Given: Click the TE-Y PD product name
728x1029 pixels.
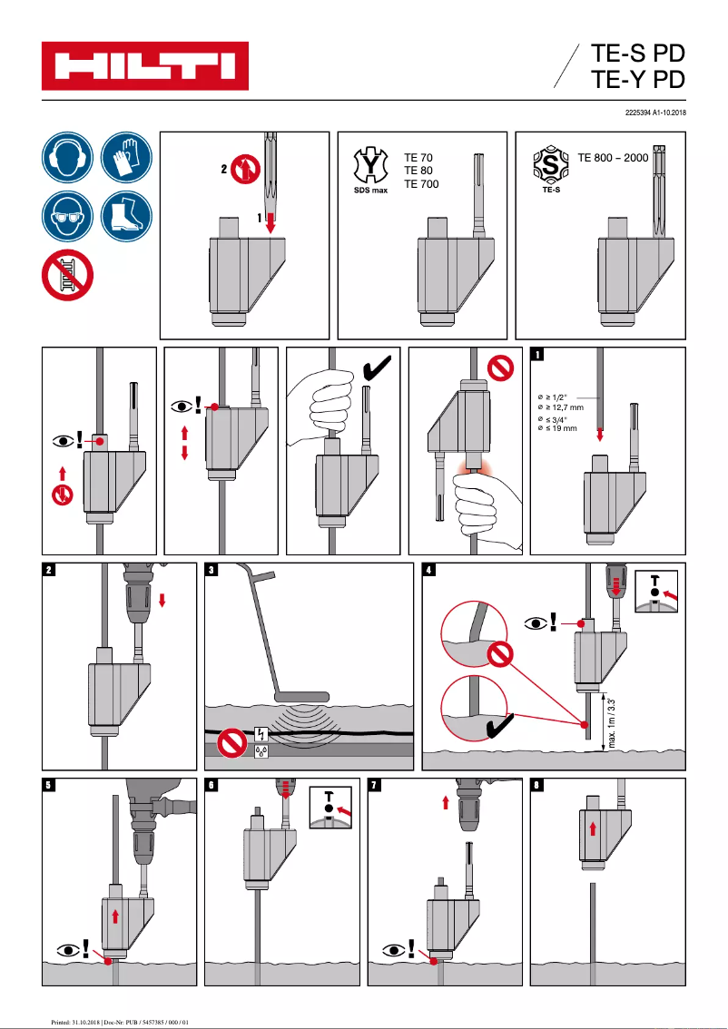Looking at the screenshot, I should click(637, 81).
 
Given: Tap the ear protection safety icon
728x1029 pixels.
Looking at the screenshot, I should click(66, 157).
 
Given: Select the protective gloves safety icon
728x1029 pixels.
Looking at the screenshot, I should click(125, 157).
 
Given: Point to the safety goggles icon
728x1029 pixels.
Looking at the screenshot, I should click(66, 217).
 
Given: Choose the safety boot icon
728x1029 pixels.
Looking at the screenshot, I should click(125, 217).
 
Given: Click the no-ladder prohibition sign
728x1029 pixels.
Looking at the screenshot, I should click(67, 276).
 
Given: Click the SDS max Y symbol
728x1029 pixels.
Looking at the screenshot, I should click(369, 166).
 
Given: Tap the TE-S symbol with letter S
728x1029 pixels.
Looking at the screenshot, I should click(548, 166).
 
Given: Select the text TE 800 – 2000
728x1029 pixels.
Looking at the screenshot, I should click(613, 158).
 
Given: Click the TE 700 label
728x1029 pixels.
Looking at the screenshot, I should click(421, 184).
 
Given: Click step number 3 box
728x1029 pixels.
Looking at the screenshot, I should click(212, 571).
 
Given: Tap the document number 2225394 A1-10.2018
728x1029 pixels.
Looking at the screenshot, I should click(654, 113).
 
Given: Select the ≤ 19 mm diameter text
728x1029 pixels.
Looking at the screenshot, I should click(557, 428).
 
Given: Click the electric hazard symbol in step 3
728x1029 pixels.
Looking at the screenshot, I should click(261, 734).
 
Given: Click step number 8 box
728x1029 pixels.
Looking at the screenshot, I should click(537, 787).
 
